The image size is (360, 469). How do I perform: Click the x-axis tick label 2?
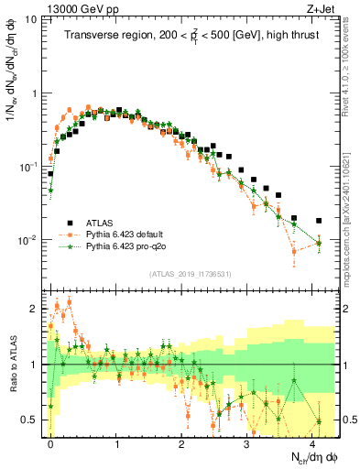[x=181, y=442]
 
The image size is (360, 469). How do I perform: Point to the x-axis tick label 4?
[x=312, y=442]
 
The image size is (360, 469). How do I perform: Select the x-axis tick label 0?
[x=50, y=442]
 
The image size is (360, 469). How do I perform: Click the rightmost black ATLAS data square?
[x=319, y=221]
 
